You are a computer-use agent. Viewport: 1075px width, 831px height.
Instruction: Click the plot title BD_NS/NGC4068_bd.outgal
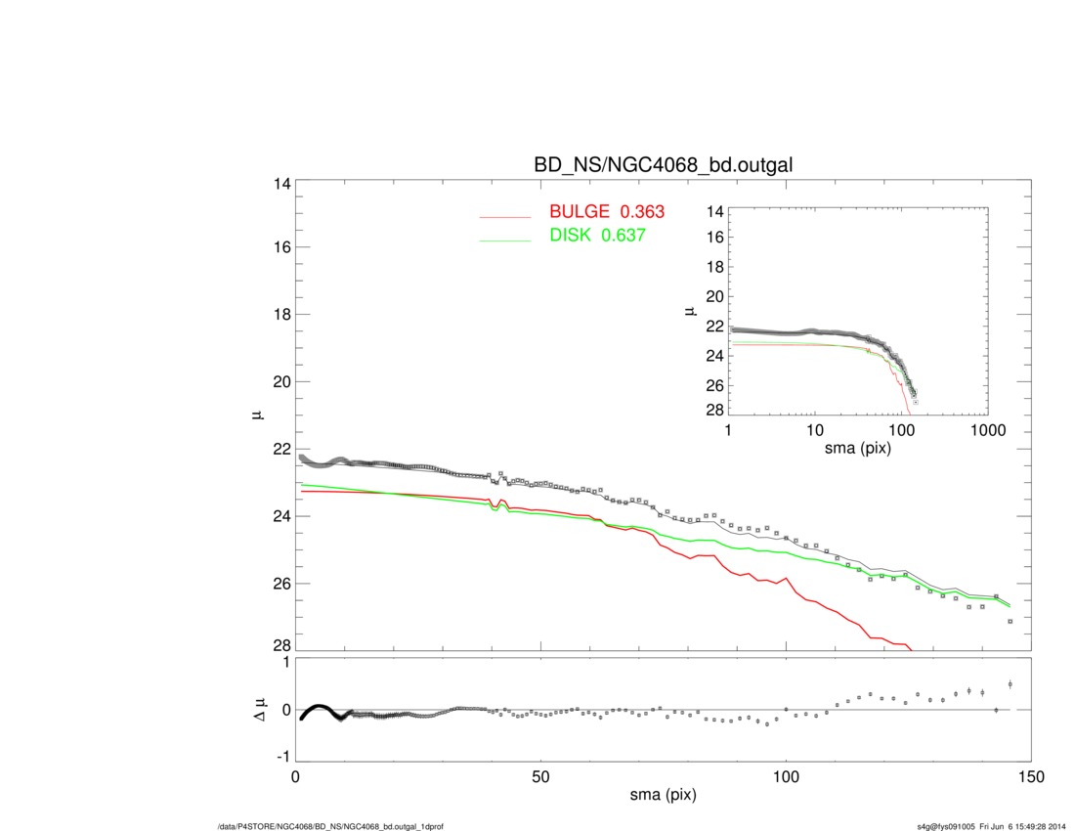[x=663, y=166]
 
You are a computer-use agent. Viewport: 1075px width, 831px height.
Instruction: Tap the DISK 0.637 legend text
[x=598, y=236]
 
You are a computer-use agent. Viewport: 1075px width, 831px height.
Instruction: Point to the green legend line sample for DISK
[x=504, y=239]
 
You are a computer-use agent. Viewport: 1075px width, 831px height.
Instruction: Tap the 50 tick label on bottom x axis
[x=540, y=778]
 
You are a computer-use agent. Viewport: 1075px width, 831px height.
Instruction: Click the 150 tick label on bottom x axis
[x=1030, y=778]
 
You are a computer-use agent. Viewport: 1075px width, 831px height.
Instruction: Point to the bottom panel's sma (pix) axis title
[x=663, y=797]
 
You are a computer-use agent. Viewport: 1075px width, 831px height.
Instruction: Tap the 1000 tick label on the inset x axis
[x=987, y=430]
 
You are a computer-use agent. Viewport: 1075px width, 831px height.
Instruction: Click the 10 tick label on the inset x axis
[x=814, y=430]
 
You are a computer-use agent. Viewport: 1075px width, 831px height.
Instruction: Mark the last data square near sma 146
[x=1010, y=621]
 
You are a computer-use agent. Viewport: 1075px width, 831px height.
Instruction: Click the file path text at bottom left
[x=332, y=826]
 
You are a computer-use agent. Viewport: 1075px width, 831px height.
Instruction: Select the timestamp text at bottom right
[x=984, y=826]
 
